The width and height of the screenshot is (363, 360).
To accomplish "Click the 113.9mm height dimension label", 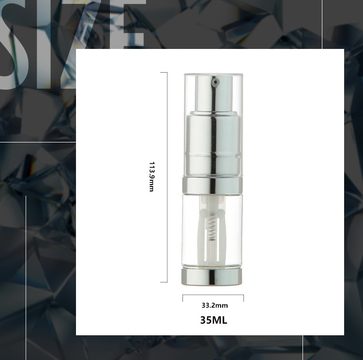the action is (151, 177).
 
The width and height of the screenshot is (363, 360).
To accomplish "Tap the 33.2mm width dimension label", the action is (214, 306).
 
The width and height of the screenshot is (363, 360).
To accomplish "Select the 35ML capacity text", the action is (213, 320).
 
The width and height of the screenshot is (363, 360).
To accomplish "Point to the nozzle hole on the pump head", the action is (216, 81).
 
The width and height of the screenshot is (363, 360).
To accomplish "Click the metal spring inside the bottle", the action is (212, 227).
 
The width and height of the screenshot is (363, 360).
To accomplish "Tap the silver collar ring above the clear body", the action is (212, 185).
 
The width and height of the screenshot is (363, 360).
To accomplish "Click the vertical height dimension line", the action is (167, 177).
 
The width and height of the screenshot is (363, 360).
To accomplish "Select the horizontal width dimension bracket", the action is (213, 295).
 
